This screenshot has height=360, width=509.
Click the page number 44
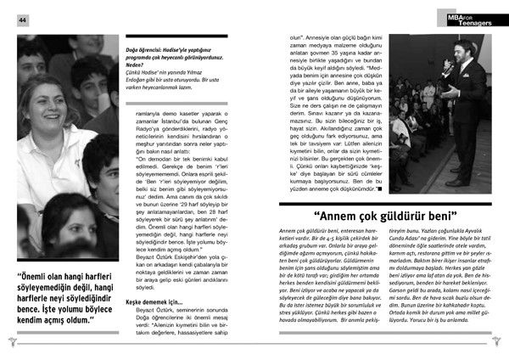pyautogui.click(x=23, y=20)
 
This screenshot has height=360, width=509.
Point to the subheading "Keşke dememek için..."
pyautogui.click(x=159, y=301)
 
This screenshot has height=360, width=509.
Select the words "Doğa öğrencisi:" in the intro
pyautogui.click(x=151, y=50)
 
